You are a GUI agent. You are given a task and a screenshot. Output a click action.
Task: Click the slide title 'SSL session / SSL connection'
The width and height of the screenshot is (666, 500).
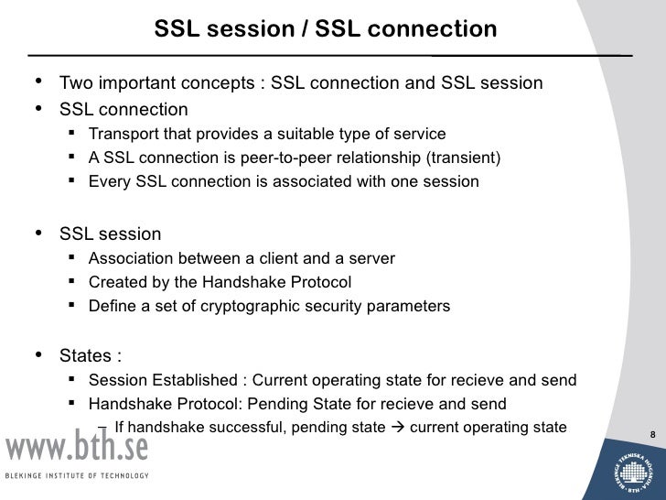pyautogui.click(x=325, y=30)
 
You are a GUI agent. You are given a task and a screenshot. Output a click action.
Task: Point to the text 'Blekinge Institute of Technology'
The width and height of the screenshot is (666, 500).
pyautogui.click(x=78, y=476)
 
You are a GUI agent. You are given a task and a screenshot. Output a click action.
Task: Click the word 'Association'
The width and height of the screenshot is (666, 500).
pyautogui.click(x=130, y=259)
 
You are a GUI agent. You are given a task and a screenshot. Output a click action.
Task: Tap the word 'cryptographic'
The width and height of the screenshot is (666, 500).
pyautogui.click(x=243, y=307)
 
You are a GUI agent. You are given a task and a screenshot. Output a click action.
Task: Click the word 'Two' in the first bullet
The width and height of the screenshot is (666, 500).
pyautogui.click(x=76, y=85)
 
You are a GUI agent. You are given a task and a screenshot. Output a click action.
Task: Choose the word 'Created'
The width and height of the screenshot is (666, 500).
pyautogui.click(x=116, y=283)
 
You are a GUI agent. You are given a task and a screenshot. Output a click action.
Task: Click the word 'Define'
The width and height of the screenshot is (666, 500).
pyautogui.click(x=112, y=307)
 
